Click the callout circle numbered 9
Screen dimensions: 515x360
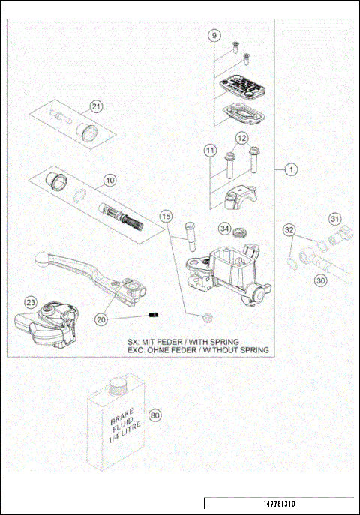point(214,36)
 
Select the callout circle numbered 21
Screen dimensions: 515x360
point(96,106)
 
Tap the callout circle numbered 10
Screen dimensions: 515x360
point(109,180)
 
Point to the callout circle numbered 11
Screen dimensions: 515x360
point(211,151)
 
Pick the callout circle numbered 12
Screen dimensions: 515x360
point(241,138)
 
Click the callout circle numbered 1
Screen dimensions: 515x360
point(290,170)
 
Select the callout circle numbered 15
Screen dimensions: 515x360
point(166,217)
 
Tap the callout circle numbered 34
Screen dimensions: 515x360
point(224,228)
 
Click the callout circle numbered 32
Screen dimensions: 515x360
point(289,230)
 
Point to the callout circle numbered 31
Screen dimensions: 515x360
point(334,218)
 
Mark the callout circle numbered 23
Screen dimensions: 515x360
point(30,302)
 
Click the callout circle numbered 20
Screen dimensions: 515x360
point(101,319)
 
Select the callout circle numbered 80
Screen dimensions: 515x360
point(156,414)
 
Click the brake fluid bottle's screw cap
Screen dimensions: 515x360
point(117,385)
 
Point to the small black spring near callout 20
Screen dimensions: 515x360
point(155,315)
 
